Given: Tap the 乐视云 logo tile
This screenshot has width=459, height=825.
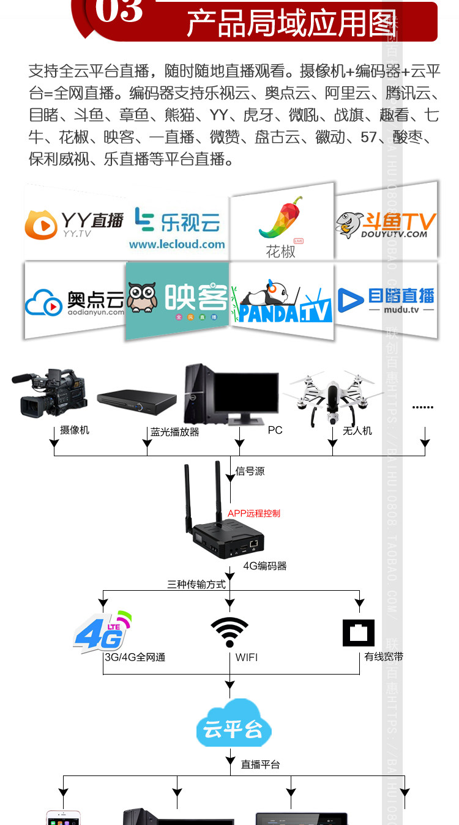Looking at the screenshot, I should [x=177, y=224].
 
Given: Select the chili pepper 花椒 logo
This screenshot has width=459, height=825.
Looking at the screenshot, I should [x=281, y=220].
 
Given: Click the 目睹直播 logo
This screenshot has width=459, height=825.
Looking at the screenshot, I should [x=386, y=300].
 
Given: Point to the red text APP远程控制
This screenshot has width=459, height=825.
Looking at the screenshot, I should [x=254, y=513].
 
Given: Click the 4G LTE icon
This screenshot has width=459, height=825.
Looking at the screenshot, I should [x=102, y=632].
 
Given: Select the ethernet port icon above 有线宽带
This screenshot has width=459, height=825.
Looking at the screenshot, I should [x=359, y=632].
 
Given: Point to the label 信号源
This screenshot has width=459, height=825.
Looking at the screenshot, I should [x=250, y=472].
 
